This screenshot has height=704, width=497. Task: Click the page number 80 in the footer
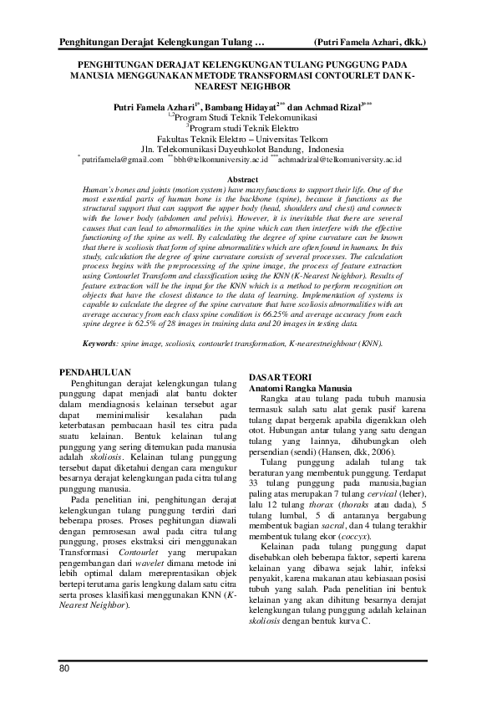[x=64, y=668]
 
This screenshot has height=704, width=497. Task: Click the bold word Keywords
[x=102, y=343]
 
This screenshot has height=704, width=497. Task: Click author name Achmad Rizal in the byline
[x=331, y=107]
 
